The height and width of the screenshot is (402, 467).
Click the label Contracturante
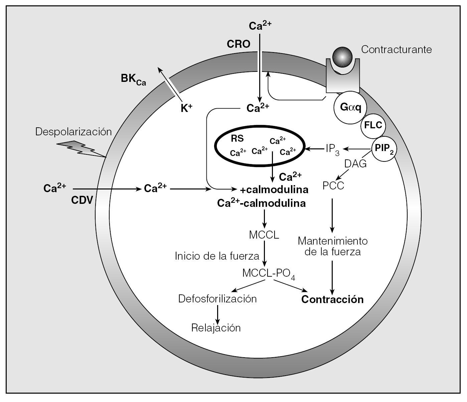click(397, 49)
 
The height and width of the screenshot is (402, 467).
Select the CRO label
click(239, 44)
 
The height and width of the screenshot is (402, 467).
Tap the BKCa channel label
click(133, 80)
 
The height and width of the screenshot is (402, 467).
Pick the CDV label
click(82, 200)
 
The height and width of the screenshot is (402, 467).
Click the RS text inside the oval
click(238, 139)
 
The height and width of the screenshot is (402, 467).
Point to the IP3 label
click(332, 149)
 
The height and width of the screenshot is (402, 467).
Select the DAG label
click(355, 164)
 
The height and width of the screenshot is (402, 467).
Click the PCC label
click(333, 185)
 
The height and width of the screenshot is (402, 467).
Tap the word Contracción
click(332, 299)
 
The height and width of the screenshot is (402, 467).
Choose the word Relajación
click(216, 328)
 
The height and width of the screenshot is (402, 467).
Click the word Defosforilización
click(217, 298)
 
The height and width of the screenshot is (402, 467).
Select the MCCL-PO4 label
click(269, 274)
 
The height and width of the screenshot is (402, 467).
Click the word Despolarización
click(73, 132)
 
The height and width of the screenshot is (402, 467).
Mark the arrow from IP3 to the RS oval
click(314, 148)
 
